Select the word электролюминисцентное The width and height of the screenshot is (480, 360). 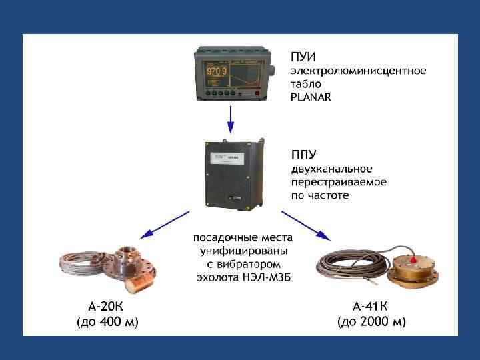[x=358, y=70]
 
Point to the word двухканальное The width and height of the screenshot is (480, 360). [x=331, y=169]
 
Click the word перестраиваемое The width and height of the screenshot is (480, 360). [x=339, y=182]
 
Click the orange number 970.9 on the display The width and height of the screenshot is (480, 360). [x=217, y=71]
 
